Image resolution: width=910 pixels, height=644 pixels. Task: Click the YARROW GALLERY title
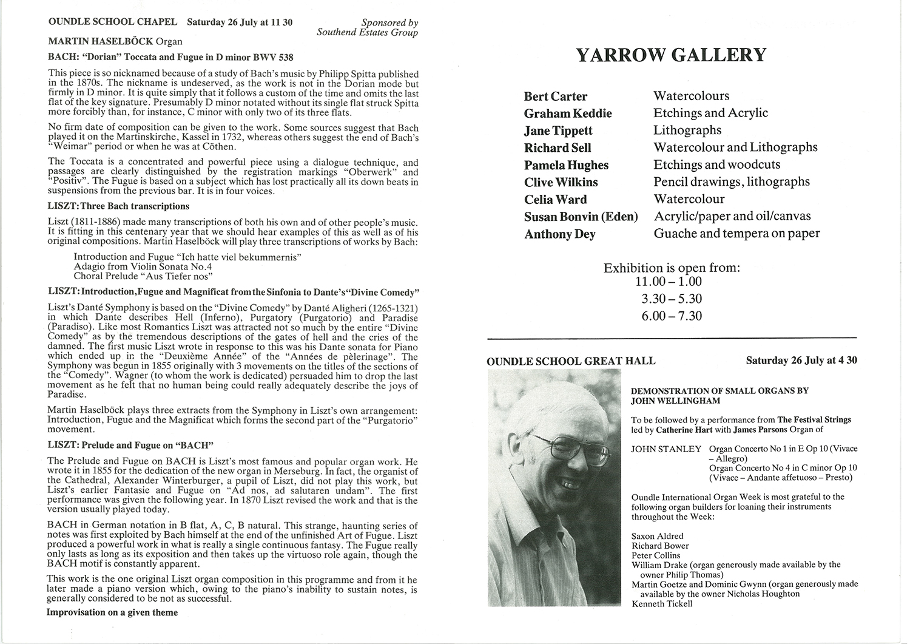671,55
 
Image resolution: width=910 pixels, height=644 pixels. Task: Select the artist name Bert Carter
556,97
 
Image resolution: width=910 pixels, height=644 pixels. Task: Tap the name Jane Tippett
558,130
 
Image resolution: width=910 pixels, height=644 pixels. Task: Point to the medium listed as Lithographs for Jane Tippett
687,130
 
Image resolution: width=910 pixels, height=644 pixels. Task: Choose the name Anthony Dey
559,234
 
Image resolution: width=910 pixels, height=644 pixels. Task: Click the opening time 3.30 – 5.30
672,299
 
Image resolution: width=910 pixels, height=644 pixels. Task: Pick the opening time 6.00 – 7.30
672,316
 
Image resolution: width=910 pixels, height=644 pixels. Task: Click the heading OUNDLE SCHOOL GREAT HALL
571,361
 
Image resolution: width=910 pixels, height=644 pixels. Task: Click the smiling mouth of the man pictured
569,484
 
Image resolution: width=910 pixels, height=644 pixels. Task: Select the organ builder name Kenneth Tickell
662,604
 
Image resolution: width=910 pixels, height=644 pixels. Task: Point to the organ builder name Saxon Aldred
657,536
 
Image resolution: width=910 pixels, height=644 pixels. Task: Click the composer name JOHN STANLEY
666,449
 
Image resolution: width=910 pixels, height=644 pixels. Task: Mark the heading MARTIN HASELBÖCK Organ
115,42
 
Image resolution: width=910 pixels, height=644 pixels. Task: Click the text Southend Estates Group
367,33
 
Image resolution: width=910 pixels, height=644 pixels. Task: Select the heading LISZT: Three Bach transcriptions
118,206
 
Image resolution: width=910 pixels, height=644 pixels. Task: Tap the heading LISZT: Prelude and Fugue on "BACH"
130,445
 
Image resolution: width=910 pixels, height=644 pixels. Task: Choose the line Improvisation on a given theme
112,612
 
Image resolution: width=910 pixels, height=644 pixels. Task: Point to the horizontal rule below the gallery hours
672,337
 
